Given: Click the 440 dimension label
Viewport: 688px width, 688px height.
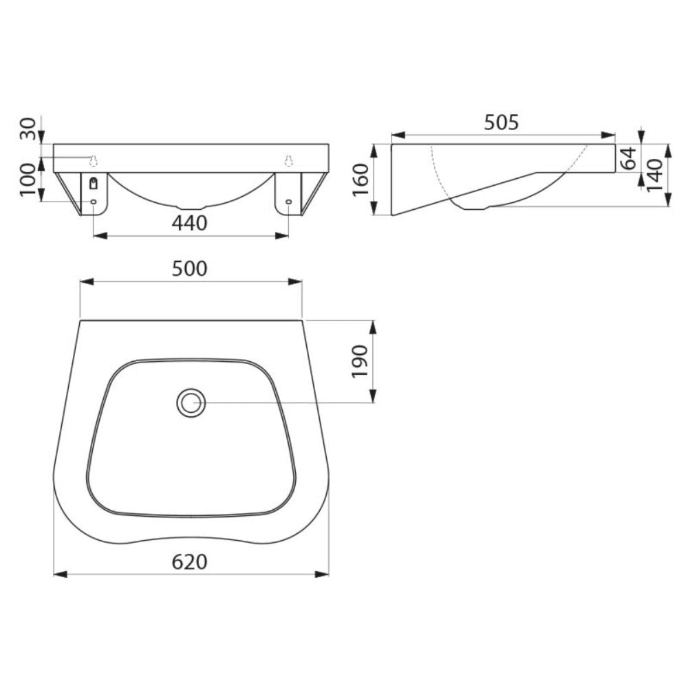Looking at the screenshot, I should [x=190, y=222].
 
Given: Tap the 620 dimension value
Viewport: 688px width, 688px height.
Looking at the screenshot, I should [x=190, y=562].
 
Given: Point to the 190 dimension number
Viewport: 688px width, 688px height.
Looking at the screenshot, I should [x=361, y=361].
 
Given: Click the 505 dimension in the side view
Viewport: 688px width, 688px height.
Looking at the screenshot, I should [x=502, y=122].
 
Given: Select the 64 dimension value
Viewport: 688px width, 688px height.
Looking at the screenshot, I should [x=627, y=158].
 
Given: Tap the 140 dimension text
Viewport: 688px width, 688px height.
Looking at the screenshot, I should [x=654, y=175].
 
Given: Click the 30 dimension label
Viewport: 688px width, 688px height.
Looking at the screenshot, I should [x=28, y=129].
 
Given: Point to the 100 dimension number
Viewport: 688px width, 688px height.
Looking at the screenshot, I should [x=28, y=180].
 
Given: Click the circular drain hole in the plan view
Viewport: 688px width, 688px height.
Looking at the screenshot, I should [x=191, y=403].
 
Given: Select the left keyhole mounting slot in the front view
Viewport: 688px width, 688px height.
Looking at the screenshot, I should [x=94, y=161].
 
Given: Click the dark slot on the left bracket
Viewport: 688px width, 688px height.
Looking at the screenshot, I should [x=94, y=183].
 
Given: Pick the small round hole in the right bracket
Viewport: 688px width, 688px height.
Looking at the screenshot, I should [x=288, y=202].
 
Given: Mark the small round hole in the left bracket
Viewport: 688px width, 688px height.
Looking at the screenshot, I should [x=94, y=202].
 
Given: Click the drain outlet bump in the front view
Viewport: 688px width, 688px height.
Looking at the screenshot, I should [x=191, y=206].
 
